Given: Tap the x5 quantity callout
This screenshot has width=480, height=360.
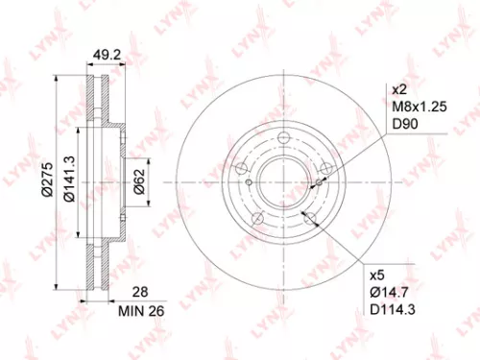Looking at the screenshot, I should point(376,272).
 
